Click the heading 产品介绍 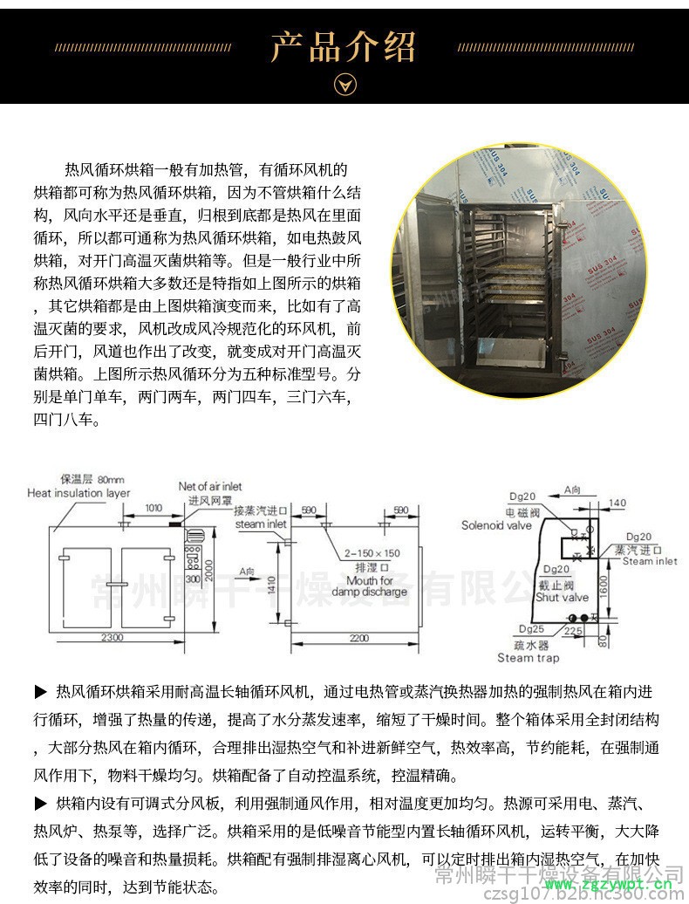click(344, 46)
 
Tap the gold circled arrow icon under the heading click(345, 85)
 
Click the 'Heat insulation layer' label click(78, 493)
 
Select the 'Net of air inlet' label click(210, 486)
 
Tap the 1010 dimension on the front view click(153, 507)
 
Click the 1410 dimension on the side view click(271, 584)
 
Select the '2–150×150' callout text click(372, 553)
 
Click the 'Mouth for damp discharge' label click(369, 586)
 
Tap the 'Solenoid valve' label click(496, 525)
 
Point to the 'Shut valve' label click(562, 598)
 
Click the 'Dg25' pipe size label click(531, 627)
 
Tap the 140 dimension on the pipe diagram click(618, 503)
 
